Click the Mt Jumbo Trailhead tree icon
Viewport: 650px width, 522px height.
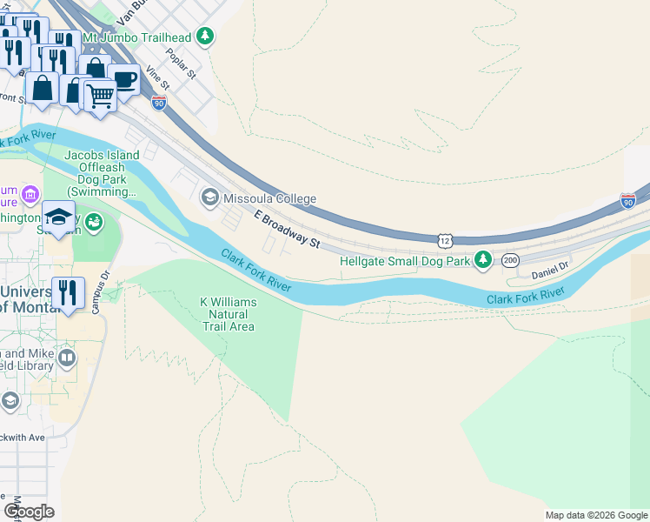click(x=205, y=37)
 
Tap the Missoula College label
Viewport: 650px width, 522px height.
click(x=269, y=198)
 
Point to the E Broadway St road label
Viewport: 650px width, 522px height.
click(x=288, y=228)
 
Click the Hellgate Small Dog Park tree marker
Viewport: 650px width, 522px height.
click(x=483, y=260)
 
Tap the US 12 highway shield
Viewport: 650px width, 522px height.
click(x=445, y=239)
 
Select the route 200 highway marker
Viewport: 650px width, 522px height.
click(x=510, y=259)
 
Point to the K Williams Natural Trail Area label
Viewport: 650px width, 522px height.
click(x=229, y=314)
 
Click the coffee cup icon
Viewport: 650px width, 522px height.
click(x=124, y=80)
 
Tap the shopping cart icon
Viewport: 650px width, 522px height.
click(x=100, y=95)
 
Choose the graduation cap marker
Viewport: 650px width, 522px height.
click(x=59, y=217)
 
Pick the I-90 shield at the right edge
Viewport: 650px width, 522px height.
click(x=627, y=201)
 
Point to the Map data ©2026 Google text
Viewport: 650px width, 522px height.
click(x=595, y=515)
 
